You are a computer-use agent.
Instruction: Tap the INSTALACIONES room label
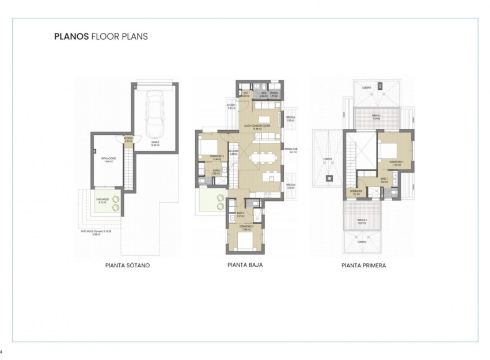[x=109, y=160]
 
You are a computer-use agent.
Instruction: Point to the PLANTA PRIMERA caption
[x=363, y=266]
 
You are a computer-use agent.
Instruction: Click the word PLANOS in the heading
[x=71, y=36]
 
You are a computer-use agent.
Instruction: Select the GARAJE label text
[x=155, y=143]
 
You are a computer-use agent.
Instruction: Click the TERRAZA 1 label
[x=376, y=116]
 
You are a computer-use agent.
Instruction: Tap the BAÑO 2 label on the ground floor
[x=216, y=172]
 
